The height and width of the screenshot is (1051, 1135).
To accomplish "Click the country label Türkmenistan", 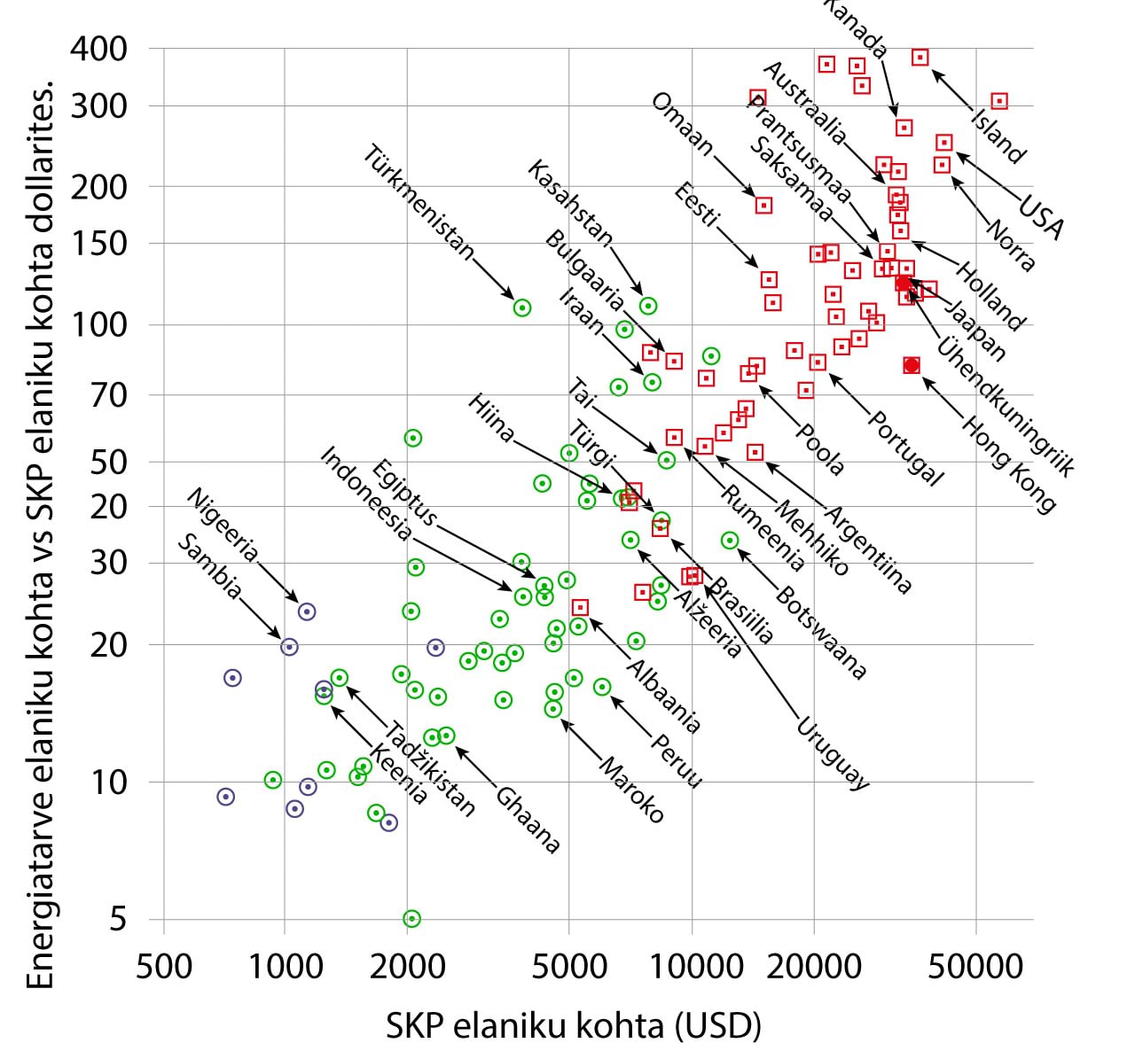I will (419, 203).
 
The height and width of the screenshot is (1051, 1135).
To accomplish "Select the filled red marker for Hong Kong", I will (912, 365).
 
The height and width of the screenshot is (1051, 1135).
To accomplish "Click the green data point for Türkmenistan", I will (522, 308).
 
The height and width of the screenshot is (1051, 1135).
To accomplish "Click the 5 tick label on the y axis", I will (118, 920).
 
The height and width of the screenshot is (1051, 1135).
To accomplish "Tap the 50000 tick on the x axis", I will (976, 965).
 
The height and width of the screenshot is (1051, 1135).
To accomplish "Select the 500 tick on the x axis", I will (164, 965).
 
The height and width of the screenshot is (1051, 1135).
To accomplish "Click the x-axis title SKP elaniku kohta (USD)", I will (574, 1025).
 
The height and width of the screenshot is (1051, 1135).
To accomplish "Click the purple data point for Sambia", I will (289, 647).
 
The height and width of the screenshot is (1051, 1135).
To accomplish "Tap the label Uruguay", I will (832, 751).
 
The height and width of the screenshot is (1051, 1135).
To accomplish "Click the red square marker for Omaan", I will (763, 206).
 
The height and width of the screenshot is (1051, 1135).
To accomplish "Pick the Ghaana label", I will (528, 820).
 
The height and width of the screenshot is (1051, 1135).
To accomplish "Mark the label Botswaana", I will (820, 631).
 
